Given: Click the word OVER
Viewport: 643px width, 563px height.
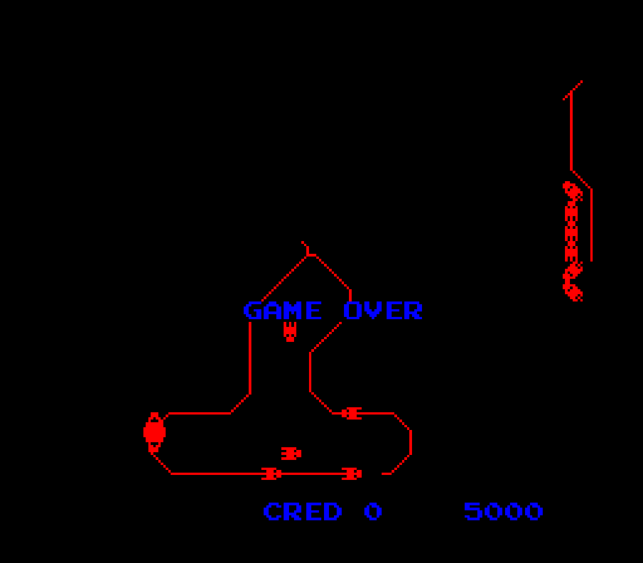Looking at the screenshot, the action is pyautogui.click(x=383, y=310).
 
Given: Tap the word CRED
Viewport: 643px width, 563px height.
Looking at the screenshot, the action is pyautogui.click(x=303, y=511).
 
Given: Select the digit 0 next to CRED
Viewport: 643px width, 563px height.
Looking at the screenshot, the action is pyautogui.click(x=373, y=511).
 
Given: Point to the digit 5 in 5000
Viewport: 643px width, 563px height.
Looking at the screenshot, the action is pyautogui.click(x=473, y=511).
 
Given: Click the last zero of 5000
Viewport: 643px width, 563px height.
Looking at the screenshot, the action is pyautogui.click(x=534, y=511).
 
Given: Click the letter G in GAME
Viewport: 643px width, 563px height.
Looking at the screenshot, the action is pyautogui.click(x=253, y=310).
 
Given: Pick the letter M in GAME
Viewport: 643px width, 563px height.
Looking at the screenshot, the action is pyautogui.click(x=293, y=310).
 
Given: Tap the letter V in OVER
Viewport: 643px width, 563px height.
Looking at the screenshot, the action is pyautogui.click(x=373, y=310).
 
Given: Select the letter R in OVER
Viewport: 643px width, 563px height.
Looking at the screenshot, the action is pyautogui.click(x=413, y=310).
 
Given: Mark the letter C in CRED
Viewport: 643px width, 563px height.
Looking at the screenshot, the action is pyautogui.click(x=272, y=511).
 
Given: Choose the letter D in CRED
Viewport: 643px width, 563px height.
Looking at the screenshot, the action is pyautogui.click(x=333, y=511).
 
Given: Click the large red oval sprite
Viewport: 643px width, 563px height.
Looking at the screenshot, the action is pyautogui.click(x=154, y=432).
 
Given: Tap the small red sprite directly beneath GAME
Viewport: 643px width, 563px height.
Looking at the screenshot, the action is pyautogui.click(x=290, y=331).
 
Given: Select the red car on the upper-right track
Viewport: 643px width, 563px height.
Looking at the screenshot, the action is pyautogui.click(x=352, y=413).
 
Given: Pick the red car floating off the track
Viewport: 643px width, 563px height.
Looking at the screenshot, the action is pyautogui.click(x=291, y=454).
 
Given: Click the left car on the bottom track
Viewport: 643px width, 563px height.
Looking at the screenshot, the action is pyautogui.click(x=271, y=474).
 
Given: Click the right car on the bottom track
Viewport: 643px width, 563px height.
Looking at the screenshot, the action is pyautogui.click(x=352, y=474).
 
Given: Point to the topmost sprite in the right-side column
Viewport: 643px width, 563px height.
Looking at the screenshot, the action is pyautogui.click(x=572, y=191).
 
